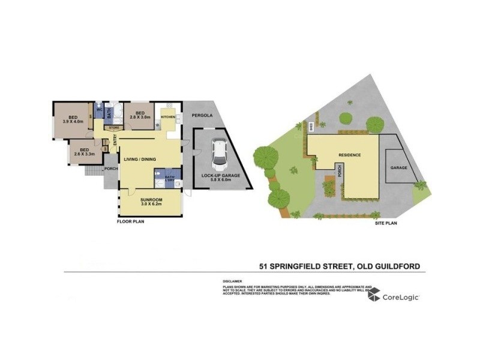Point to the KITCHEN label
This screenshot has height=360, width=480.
click(x=167, y=116)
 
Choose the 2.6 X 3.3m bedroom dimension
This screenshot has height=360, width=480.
click(x=85, y=154)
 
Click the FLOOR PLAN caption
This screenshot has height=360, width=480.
click(x=130, y=221)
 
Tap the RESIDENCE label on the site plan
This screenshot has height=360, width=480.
click(x=350, y=155)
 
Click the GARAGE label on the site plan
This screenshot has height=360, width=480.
click(x=399, y=167)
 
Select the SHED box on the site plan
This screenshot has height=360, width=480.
click(x=311, y=127)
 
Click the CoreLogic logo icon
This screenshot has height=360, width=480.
click(x=374, y=294)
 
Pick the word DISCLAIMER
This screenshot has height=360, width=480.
click(x=232, y=281)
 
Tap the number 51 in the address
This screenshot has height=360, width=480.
click(x=263, y=265)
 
